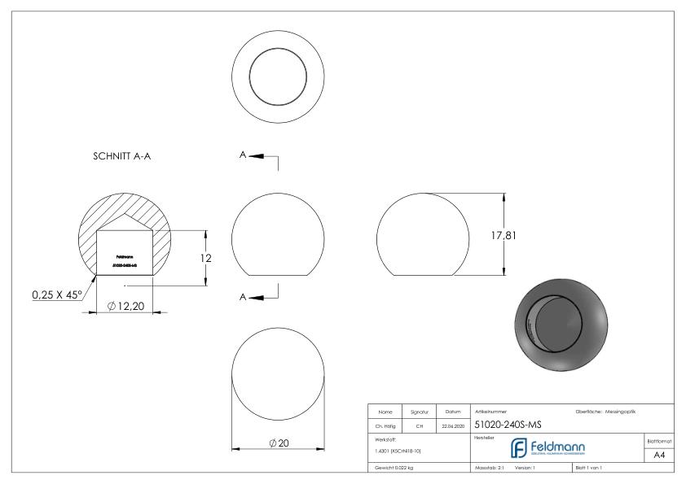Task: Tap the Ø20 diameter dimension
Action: coord(279,443)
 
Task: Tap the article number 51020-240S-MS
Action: coord(508,425)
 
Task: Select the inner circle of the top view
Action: coord(279,73)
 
